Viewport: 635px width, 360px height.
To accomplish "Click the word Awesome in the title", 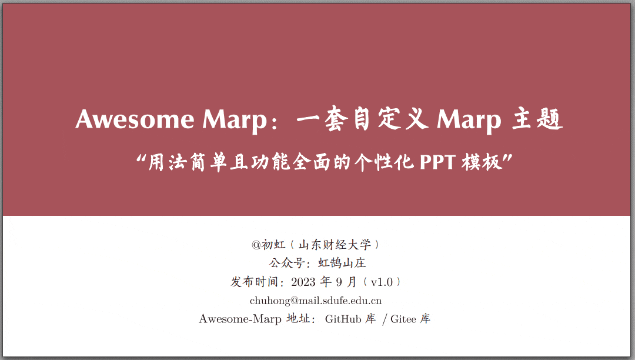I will [135, 119].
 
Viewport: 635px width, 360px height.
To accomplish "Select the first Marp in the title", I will [235, 119].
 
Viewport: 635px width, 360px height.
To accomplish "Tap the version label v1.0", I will [381, 282].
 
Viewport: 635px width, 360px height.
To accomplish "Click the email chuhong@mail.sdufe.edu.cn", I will [316, 301].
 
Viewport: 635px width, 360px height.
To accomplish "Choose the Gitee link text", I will [403, 319].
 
